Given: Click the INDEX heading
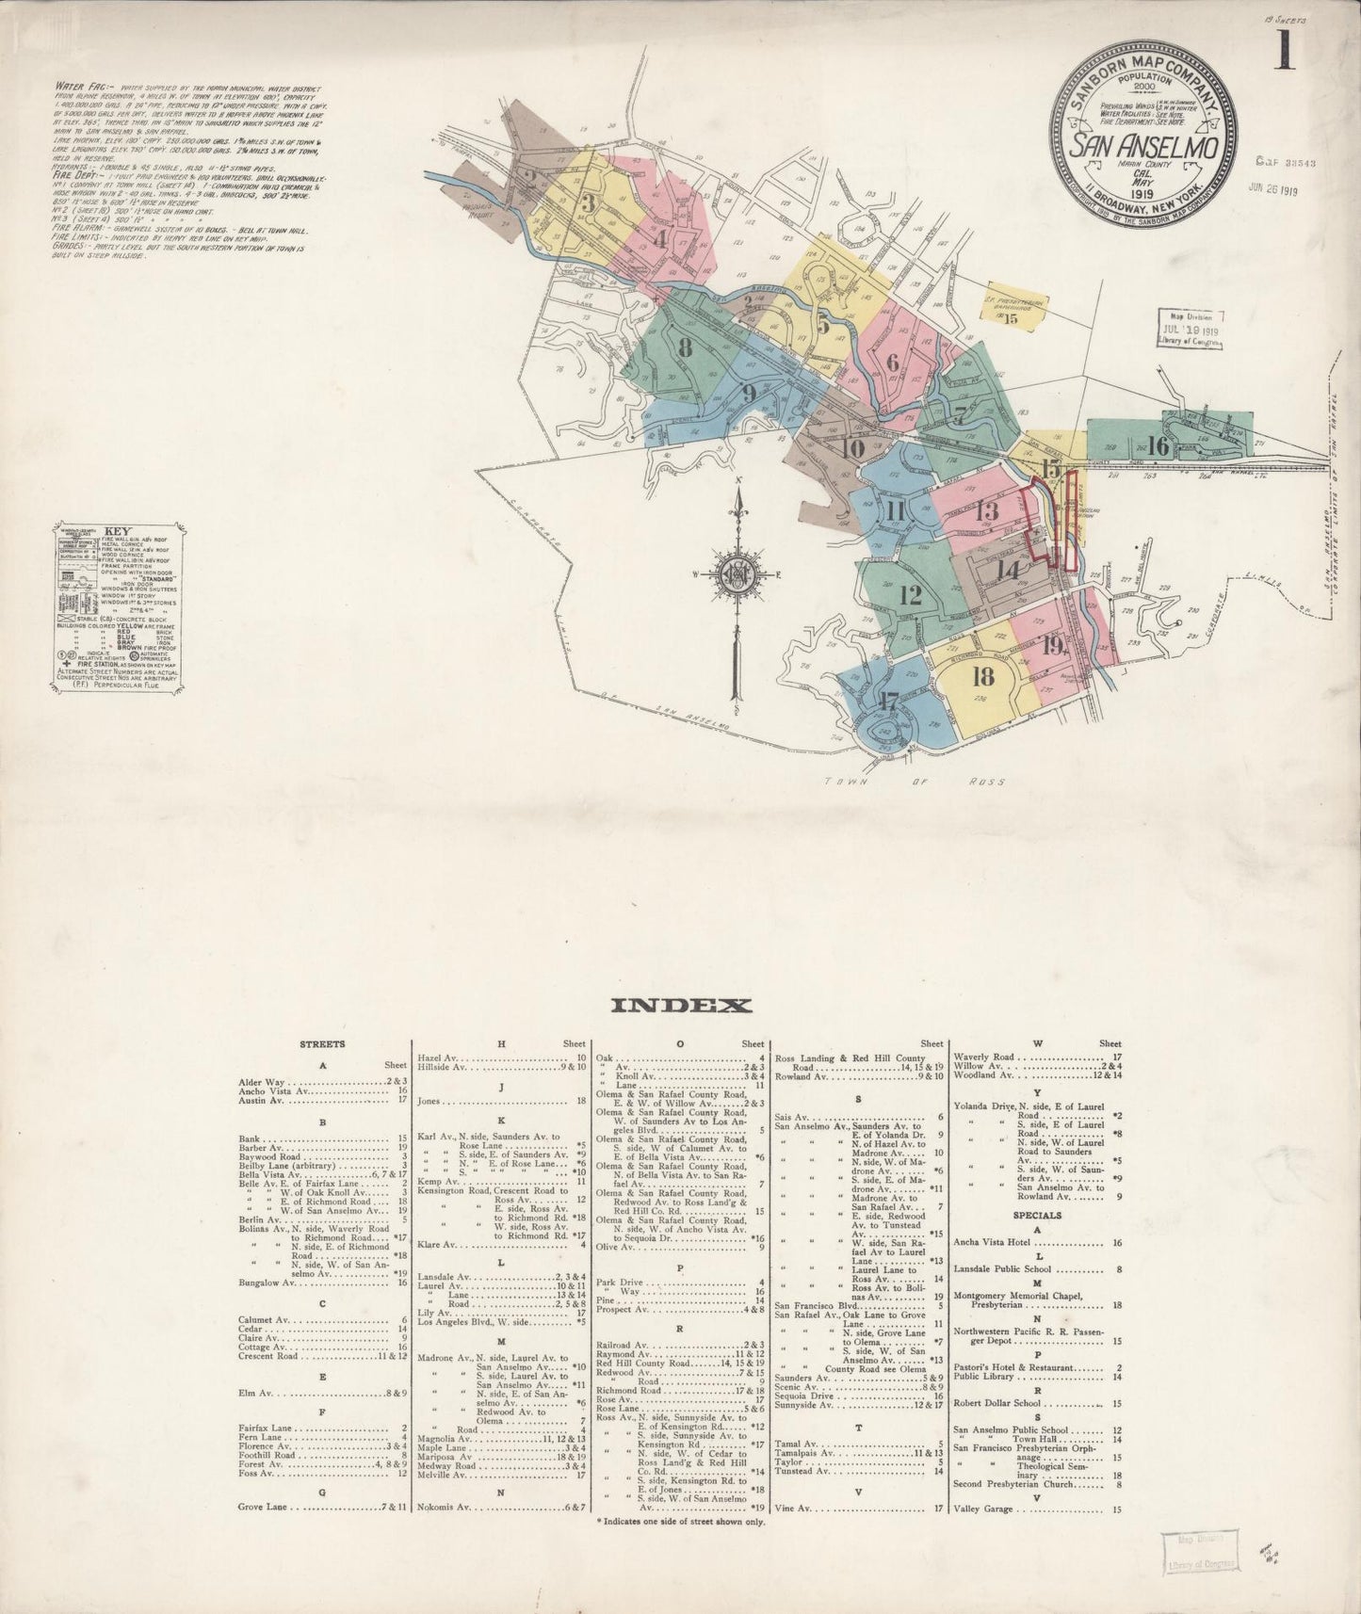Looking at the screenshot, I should point(681,1006).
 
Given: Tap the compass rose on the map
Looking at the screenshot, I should point(736,573).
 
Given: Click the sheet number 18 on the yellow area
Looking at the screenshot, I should point(984,676).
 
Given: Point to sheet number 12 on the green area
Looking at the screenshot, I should point(910,595).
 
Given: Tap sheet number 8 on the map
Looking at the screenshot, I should point(686,347).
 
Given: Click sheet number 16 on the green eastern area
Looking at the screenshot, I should point(1158,445).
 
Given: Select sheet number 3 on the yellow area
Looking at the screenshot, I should point(589,202).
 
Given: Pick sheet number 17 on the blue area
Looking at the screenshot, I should point(888,702).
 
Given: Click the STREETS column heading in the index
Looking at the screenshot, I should point(321,1043).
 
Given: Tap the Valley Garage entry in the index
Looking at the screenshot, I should point(983,1509).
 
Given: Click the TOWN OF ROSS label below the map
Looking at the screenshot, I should point(914,782).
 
